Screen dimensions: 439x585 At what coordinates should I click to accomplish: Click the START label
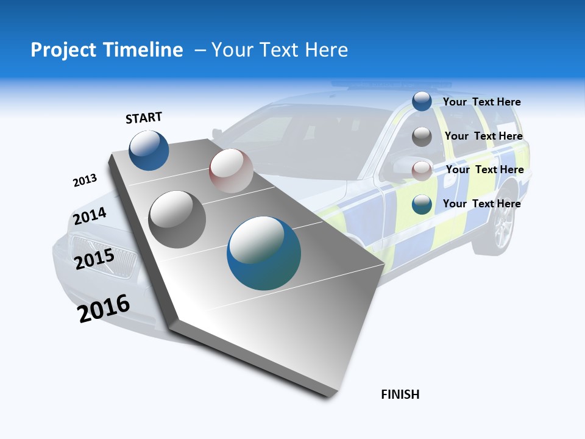pos(144,118)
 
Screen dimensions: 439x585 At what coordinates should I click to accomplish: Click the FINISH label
pos(400,394)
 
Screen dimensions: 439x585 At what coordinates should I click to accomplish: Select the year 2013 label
pos(85,180)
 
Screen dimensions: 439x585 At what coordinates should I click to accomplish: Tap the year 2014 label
pos(90,216)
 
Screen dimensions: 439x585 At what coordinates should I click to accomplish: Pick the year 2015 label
pos(94,259)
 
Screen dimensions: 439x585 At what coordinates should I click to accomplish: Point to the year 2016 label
pos(104,309)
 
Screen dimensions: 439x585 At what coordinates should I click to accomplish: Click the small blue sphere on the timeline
pos(149,150)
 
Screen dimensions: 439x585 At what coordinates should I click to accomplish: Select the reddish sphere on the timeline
pos(231,170)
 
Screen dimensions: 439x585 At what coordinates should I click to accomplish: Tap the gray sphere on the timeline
pos(177,219)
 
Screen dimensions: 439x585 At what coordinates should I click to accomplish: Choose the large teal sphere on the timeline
pos(264,253)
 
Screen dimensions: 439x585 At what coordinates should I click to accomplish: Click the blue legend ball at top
pos(422,102)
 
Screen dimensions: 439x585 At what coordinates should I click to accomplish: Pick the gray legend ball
pos(422,137)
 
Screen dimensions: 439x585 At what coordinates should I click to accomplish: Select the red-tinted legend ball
pos(422,170)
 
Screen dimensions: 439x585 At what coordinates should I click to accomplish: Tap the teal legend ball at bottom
pos(422,204)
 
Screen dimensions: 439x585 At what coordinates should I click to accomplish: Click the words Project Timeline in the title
pos(107,50)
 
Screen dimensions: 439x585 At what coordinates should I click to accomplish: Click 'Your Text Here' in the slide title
pos(280,50)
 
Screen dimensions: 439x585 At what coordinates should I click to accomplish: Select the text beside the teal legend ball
pos(481,204)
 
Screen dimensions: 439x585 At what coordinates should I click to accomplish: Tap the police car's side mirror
pos(403,165)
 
